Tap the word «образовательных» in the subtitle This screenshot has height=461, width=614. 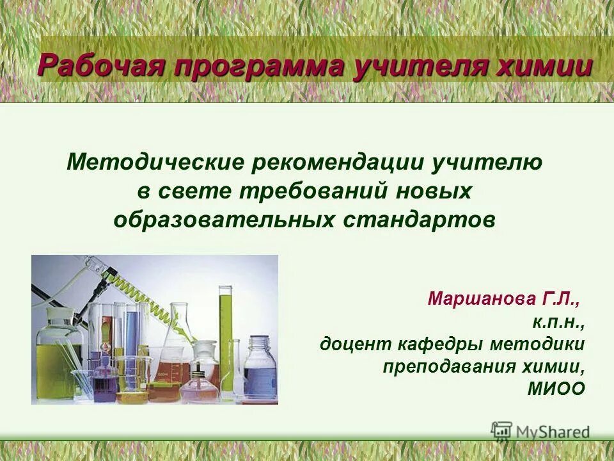tap(224, 220)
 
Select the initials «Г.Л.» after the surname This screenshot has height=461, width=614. tap(561, 299)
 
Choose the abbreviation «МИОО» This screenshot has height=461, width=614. tap(556, 389)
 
